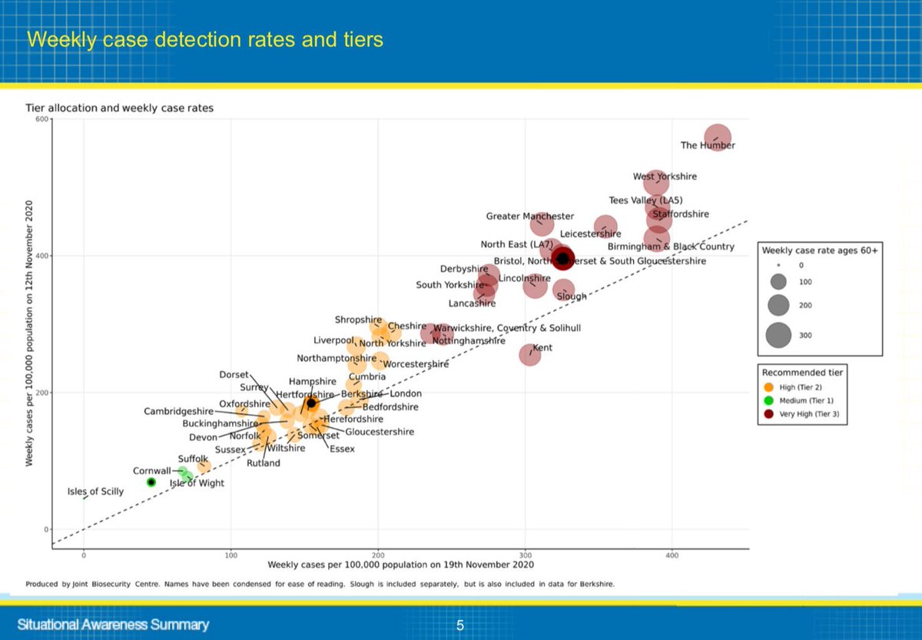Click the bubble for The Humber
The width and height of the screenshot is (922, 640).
tap(718, 138)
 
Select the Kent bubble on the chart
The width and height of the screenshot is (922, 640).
tap(530, 354)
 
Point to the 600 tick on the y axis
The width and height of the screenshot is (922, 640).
tap(40, 119)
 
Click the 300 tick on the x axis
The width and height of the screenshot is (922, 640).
tap(525, 555)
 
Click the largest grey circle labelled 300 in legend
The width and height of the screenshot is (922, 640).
tap(778, 335)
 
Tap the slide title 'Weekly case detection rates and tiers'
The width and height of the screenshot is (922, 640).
tap(205, 39)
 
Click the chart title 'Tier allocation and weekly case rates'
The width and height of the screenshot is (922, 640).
tap(120, 108)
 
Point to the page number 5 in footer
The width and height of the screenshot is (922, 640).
tap(460, 625)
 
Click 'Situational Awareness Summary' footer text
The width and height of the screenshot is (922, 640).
tap(113, 625)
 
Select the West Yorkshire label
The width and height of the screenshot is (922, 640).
tap(665, 177)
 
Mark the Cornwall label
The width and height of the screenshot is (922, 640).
tap(152, 471)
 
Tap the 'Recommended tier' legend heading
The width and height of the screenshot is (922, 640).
tap(802, 373)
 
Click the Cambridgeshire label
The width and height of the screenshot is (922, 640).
tap(178, 411)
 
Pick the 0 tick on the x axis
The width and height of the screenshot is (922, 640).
tap(84, 555)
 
